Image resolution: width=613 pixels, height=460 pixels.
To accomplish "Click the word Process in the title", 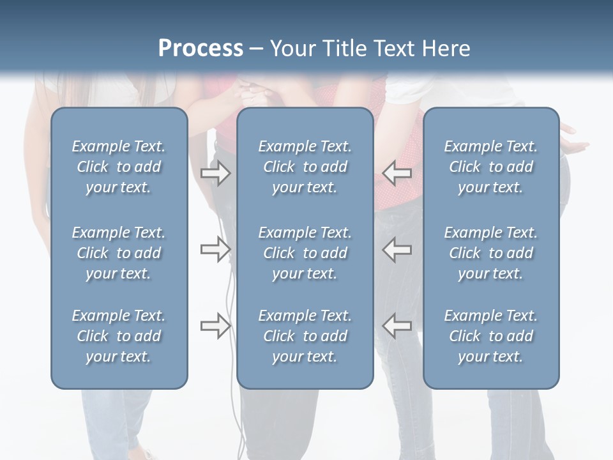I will pyautogui.click(x=201, y=49).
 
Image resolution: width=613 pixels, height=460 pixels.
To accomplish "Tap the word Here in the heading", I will pyautogui.click(x=446, y=49).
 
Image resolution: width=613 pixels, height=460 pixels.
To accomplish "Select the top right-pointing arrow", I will pyautogui.click(x=215, y=173).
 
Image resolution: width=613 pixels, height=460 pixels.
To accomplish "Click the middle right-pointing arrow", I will pyautogui.click(x=215, y=249).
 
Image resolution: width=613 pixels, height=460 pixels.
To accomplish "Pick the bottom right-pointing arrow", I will pyautogui.click(x=215, y=326).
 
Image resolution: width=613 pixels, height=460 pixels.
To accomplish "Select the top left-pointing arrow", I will pyautogui.click(x=397, y=173).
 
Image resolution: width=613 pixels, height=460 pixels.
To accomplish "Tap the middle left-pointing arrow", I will pyautogui.click(x=397, y=249).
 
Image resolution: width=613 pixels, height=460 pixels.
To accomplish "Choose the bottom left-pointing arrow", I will pyautogui.click(x=397, y=326).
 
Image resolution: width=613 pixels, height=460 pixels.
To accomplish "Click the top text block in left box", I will pyautogui.click(x=119, y=167).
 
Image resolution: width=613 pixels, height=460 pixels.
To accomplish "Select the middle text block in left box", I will pyautogui.click(x=119, y=253).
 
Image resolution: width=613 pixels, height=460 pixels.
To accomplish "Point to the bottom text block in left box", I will pyautogui.click(x=119, y=336).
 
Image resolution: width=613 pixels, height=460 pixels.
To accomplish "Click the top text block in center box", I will pyautogui.click(x=305, y=167).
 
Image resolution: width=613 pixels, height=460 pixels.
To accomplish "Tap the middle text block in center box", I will pyautogui.click(x=305, y=253).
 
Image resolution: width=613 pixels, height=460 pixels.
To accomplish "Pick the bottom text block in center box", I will pyautogui.click(x=305, y=336).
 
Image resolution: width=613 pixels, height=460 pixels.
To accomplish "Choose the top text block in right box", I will pyautogui.click(x=490, y=167).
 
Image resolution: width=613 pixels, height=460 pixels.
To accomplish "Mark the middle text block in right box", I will pyautogui.click(x=490, y=253).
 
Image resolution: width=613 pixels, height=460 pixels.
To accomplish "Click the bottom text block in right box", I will pyautogui.click(x=490, y=336).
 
